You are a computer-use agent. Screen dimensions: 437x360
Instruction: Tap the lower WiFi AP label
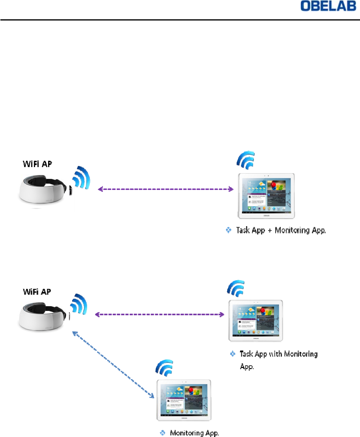click(x=36, y=292)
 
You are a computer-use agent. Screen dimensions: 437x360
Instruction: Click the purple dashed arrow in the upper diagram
click(x=166, y=189)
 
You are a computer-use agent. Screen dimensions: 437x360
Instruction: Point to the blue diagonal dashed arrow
click(x=112, y=364)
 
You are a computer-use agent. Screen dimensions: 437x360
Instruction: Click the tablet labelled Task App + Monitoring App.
click(x=266, y=196)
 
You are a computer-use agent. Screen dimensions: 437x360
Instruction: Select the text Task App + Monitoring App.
click(x=281, y=231)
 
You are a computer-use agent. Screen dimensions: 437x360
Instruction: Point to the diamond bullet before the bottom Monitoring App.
click(x=162, y=433)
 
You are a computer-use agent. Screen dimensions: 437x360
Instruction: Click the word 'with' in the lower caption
click(x=275, y=354)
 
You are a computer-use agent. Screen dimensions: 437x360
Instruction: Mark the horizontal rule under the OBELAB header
click(x=180, y=20)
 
